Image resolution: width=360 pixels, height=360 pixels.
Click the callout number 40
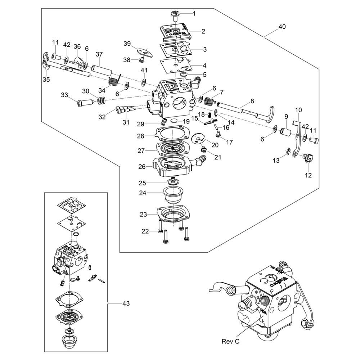point(282,27)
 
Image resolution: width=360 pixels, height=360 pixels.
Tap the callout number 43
point(126,303)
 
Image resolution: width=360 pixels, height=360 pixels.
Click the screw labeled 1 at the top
point(176,15)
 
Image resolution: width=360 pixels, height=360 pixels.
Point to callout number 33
point(64,95)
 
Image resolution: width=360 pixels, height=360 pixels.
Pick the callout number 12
point(309,175)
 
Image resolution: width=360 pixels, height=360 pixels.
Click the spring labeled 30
point(101,101)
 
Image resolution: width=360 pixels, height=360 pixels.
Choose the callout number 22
point(145,231)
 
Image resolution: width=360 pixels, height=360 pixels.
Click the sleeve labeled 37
point(99,68)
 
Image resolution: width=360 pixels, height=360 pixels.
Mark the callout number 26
point(142,167)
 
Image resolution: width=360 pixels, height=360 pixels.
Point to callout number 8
point(252,102)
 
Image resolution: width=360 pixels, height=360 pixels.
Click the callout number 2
point(203,31)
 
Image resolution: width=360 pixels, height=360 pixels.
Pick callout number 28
point(140,136)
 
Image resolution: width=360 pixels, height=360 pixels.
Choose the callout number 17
point(229,142)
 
